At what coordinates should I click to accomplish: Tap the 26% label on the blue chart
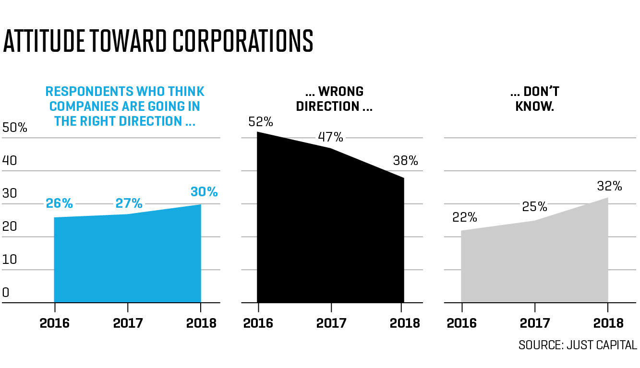pos(60,203)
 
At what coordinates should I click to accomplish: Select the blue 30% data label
pos(204,192)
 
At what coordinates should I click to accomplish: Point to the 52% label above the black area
pos(261,122)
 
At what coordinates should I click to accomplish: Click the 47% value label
pos(330,137)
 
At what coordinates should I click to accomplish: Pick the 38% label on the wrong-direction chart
pos(405,161)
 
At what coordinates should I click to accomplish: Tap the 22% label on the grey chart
pos(465,217)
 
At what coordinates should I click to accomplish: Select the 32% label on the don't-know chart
pos(610,186)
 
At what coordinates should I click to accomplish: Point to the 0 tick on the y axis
pos(6,293)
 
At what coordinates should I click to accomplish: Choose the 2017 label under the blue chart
pos(128,323)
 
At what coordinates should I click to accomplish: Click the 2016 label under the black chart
pos(258,323)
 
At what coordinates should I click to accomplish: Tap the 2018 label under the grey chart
pos(608,323)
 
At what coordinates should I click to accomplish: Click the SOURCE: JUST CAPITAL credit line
pos(578,345)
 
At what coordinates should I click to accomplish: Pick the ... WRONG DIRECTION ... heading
pos(334,98)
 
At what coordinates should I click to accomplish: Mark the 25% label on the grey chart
pos(535,207)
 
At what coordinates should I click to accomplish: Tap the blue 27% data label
pos(129,203)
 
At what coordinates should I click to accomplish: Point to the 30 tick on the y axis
pos(10,193)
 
